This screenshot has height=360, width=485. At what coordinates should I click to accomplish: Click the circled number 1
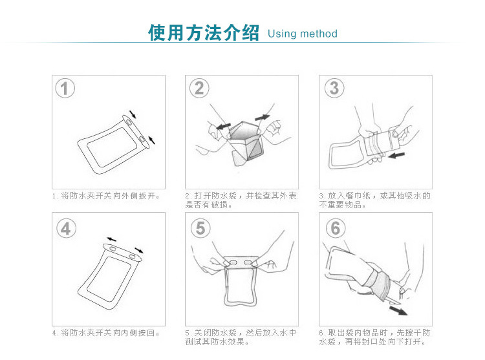pos(65,89)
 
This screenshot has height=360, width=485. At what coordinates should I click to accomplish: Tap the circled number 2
pos(199,89)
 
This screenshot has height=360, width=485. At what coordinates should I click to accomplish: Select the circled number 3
pos(334,88)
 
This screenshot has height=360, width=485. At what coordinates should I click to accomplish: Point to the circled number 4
pos(66,229)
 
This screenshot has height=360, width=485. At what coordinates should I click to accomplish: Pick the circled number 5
pos(200,228)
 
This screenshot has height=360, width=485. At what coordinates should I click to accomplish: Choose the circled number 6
pos(336,228)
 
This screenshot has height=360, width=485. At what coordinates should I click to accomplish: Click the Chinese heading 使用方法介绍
pos(204,32)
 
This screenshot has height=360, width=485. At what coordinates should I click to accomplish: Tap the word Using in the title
pos(282,34)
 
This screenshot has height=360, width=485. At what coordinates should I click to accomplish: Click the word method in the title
pos(319,34)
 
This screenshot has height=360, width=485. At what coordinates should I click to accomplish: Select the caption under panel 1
pos(106,196)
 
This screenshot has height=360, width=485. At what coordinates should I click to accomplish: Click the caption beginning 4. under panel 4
pos(106,333)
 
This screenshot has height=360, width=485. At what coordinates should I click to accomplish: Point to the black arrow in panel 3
pos(396,155)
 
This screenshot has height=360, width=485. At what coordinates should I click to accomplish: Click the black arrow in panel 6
pos(398,311)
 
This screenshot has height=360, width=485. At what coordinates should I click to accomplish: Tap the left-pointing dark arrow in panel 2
pos(223,127)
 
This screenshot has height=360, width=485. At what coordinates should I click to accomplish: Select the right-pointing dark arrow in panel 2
pos(263,118)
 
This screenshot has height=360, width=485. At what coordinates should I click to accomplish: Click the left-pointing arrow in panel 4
pos(111,240)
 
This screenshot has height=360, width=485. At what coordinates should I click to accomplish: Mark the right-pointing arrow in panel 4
pos(139,250)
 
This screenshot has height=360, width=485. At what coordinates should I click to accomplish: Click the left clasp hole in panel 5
pos(233,263)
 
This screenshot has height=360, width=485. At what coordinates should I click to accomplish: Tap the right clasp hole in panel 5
pos(248,263)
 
